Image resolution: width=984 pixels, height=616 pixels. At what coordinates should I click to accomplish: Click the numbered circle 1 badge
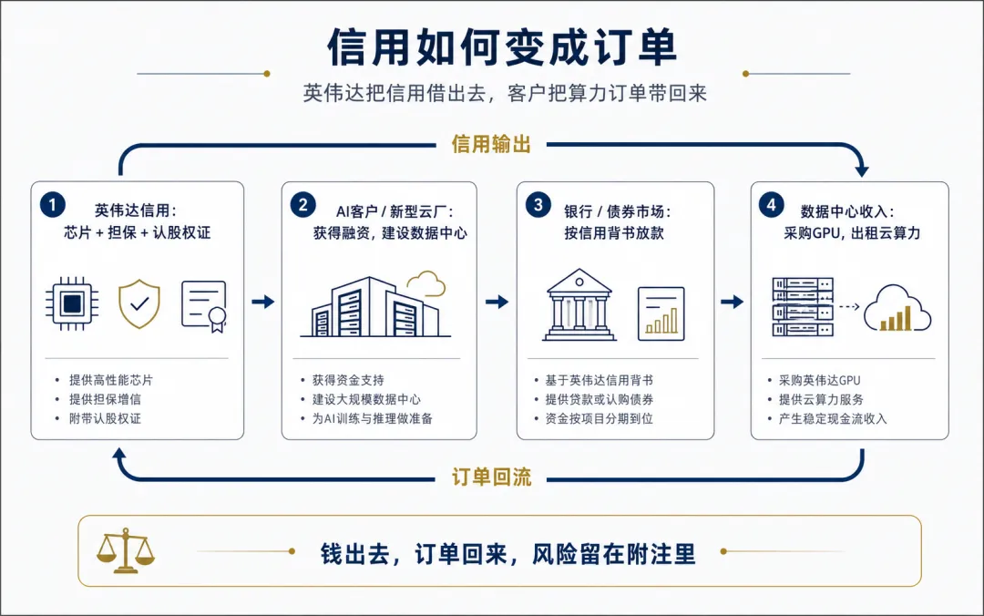pos(53,205)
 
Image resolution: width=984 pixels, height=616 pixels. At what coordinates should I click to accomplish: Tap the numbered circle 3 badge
pos(538,205)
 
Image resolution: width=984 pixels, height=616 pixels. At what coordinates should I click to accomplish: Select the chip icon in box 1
pos(72,304)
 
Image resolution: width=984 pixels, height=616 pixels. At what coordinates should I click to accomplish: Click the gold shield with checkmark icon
pos(139,304)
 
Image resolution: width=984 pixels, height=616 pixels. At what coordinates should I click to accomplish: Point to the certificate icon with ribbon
pos(204,306)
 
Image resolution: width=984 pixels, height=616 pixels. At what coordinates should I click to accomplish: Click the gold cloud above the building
pos(426,283)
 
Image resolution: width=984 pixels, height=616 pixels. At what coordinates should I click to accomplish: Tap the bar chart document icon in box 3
pos(661,313)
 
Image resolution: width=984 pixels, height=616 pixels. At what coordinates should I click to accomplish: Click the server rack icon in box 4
pos(803,306)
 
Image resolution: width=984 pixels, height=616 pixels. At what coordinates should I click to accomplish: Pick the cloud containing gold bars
pos(897,308)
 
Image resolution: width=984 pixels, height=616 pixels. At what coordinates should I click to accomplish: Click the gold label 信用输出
pos(491,144)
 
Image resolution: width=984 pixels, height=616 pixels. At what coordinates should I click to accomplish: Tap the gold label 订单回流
pos(491,477)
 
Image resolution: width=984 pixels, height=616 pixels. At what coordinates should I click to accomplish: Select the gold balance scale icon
pos(126,550)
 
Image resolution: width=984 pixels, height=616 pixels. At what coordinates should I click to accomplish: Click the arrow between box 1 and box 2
pos(263,302)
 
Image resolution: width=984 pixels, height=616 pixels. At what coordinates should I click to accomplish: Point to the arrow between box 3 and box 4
pos(732,302)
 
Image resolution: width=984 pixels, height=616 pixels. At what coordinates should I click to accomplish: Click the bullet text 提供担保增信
pos(105,399)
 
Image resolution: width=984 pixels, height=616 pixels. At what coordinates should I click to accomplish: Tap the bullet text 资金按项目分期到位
pos(600,418)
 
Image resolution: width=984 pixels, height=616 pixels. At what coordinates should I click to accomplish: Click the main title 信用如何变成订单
pos(502,47)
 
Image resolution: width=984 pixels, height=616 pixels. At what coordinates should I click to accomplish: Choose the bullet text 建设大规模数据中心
pos(366,399)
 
